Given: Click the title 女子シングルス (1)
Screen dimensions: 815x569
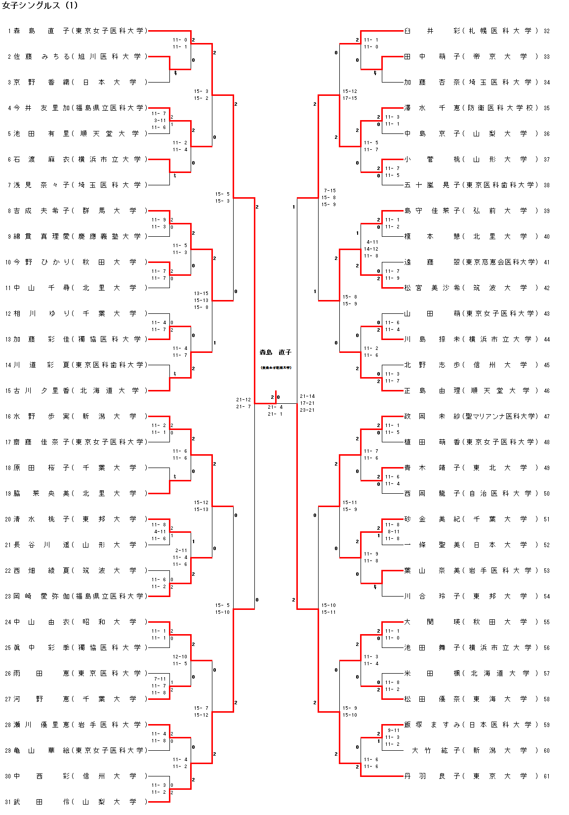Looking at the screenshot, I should coord(40,5).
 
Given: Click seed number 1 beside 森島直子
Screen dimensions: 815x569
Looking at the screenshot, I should coord(9,31).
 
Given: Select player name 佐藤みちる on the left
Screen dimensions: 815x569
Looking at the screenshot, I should coord(41,56).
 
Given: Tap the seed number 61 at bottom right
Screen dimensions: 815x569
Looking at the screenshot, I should coord(547,776).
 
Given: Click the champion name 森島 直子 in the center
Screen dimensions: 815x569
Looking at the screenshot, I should coord(276,352).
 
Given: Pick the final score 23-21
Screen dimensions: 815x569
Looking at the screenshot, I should coord(307,410).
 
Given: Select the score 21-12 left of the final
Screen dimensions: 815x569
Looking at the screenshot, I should coord(244,399).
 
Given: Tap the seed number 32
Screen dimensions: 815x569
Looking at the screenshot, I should coord(547,31).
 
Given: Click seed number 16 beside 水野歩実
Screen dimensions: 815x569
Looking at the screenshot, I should coord(8,416).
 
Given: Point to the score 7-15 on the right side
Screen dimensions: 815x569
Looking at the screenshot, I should coord(329,190).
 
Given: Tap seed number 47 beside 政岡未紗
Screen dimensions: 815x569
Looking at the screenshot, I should coord(547,416).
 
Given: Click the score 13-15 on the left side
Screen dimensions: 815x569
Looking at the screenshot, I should coord(201,293).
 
